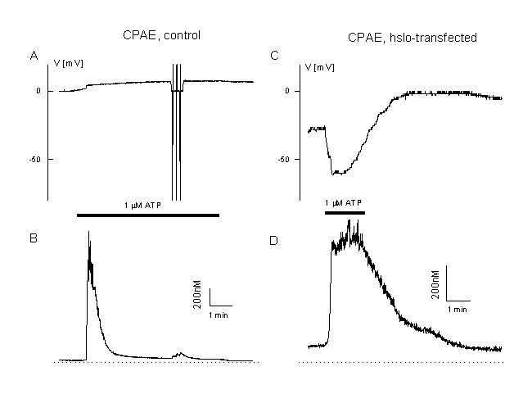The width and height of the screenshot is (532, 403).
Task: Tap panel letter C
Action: pos(275,56)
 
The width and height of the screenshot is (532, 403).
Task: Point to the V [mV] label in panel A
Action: pos(68,62)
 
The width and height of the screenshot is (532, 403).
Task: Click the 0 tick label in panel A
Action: pos(38,91)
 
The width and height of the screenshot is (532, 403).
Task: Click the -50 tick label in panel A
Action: pos(34,159)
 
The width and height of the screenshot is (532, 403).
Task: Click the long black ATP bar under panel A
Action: pos(147,215)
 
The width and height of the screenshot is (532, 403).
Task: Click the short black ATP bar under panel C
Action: pos(345,212)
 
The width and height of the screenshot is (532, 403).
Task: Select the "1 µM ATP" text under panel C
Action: pos(345,201)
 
